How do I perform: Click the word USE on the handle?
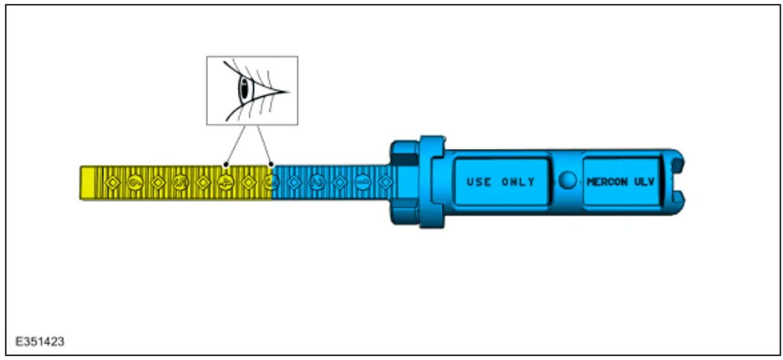pos(479,182)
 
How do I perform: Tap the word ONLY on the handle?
pos(518,182)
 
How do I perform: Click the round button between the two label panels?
pos(567,180)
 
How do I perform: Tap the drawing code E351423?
pos(40,342)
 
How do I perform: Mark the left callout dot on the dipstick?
pos(226,164)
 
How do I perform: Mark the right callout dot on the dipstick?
pos(271,164)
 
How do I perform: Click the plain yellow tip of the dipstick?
pos(87,183)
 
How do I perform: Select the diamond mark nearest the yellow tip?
pos(112,183)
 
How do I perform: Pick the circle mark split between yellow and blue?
pos(271,183)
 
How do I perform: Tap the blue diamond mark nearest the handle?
pos(385,183)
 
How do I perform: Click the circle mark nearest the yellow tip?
pos(135,183)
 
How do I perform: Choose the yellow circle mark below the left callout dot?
pos(226,183)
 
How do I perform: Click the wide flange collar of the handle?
pos(432,182)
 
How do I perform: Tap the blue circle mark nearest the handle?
pos(362,183)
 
